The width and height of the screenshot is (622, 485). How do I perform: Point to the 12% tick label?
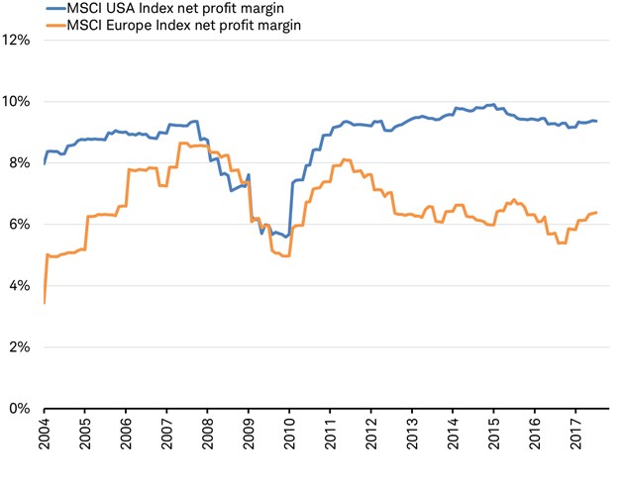(19, 41)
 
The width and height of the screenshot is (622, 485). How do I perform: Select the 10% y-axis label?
(19, 102)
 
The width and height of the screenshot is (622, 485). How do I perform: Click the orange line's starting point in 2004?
(45, 302)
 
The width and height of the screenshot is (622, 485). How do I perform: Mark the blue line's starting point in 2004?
(45, 163)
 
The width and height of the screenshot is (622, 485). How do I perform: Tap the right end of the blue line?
(596, 121)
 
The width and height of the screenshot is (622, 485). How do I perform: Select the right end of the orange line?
(596, 213)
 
